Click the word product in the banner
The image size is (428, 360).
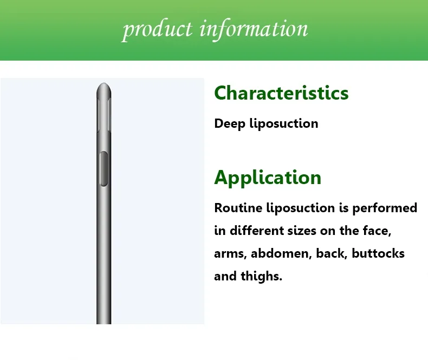pyautogui.click(x=157, y=29)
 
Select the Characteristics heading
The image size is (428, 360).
pyautogui.click(x=281, y=93)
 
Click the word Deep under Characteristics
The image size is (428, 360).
pyautogui.click(x=230, y=123)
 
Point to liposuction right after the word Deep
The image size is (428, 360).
pyautogui.click(x=283, y=123)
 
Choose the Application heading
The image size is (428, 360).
pyautogui.click(x=268, y=178)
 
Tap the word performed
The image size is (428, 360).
pyautogui.click(x=385, y=208)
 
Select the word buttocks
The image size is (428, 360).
pyautogui.click(x=378, y=253)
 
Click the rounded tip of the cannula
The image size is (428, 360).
pyautogui.click(x=103, y=87)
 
